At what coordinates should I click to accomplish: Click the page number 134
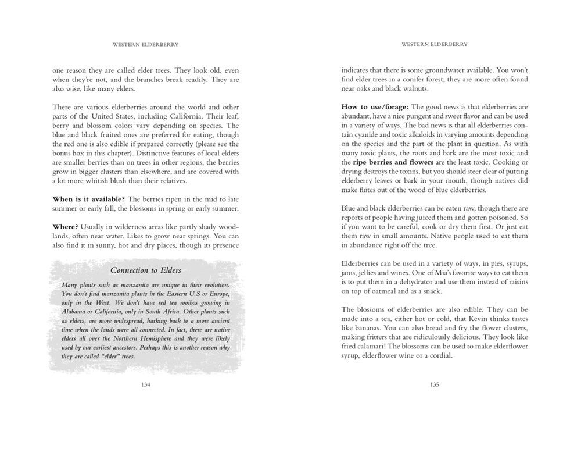(x=145, y=384)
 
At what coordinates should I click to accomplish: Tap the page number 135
(x=434, y=384)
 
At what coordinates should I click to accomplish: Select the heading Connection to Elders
(x=146, y=270)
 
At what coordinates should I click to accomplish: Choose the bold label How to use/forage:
(x=375, y=107)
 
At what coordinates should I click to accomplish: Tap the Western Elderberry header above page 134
(x=145, y=44)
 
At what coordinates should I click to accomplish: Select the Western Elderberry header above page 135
(x=435, y=44)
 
